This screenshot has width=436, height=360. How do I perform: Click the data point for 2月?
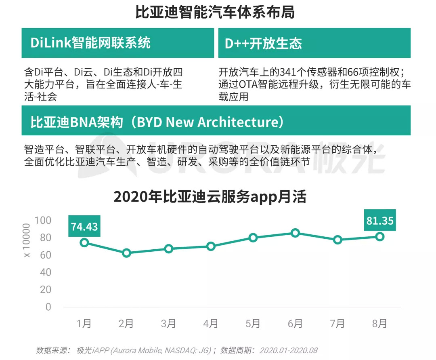[x=126, y=253]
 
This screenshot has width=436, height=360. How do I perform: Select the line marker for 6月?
[x=295, y=233]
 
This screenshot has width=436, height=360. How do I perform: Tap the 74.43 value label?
[x=84, y=227]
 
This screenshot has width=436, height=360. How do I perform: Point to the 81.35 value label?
[x=379, y=221]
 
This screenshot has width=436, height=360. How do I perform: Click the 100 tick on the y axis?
[x=43, y=220]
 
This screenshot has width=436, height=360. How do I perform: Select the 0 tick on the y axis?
[x=48, y=307]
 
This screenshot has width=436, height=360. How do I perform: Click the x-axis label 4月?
[x=210, y=324]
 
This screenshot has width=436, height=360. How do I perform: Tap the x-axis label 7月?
[x=337, y=324]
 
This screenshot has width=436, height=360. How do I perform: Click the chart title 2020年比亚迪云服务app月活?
[x=210, y=197]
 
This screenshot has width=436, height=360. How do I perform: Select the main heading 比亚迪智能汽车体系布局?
[x=215, y=13]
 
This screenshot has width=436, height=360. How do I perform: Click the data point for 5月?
[x=253, y=238]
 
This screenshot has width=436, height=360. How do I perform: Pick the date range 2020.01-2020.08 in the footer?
[x=289, y=350]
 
